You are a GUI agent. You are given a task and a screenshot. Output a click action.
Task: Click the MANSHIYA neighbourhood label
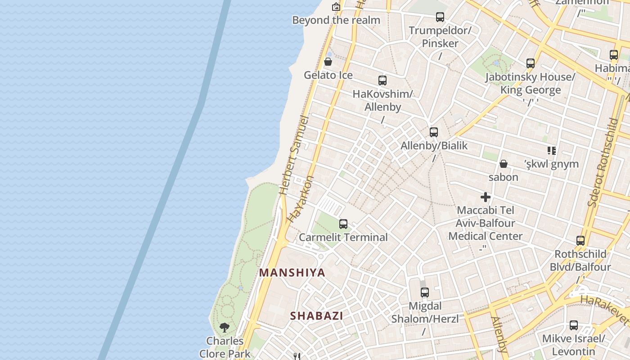(x=292, y=273)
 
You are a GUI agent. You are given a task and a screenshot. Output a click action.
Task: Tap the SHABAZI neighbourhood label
(x=316, y=316)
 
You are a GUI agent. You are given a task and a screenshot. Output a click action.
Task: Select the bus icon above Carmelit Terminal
(x=343, y=224)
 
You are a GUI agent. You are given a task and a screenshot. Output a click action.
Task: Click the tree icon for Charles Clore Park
(x=225, y=327)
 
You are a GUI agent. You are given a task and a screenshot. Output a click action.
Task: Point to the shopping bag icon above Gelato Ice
(x=328, y=62)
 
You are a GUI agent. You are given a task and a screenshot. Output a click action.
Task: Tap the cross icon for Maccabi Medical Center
(x=486, y=197)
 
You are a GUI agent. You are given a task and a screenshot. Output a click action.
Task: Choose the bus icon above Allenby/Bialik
(x=434, y=132)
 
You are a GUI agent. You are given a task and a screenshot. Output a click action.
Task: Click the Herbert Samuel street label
(x=294, y=156)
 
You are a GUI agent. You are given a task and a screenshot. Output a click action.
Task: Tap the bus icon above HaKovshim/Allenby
(x=382, y=81)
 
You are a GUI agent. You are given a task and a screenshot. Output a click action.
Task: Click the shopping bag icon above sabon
(x=504, y=164)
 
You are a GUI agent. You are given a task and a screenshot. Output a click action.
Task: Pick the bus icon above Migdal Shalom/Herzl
(x=425, y=292)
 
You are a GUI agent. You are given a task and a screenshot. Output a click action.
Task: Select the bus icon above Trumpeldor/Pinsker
(x=440, y=17)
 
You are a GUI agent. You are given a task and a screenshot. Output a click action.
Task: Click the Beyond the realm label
(x=336, y=20)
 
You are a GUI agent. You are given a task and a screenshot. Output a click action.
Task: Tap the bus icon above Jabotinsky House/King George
(x=531, y=63)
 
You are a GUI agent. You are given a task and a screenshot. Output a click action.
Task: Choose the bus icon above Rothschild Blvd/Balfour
(x=580, y=241)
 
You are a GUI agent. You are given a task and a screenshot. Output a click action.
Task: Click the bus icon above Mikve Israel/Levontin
(x=573, y=325)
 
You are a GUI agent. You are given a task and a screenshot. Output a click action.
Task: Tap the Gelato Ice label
(x=328, y=75)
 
